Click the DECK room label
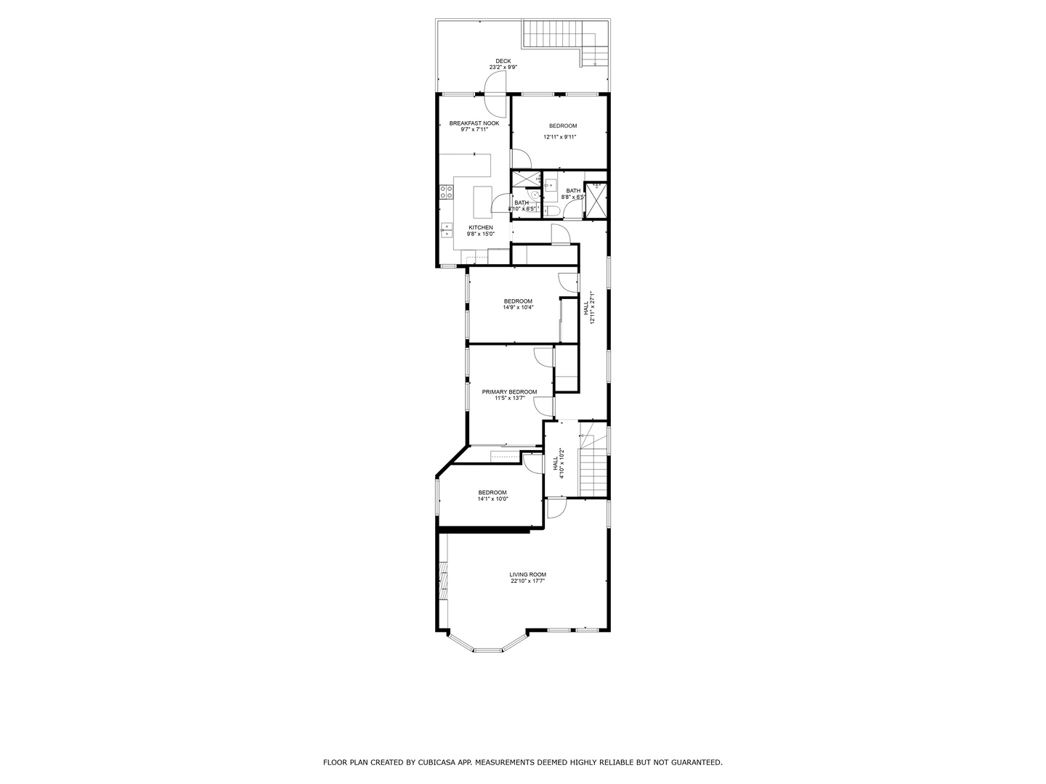[x=503, y=61]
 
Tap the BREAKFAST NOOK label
[x=474, y=123]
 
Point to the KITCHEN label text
[x=480, y=228]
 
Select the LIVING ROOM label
[x=527, y=575]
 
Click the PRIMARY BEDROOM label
[x=509, y=392]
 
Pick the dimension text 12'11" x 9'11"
[x=559, y=136]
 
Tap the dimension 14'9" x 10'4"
[x=518, y=307]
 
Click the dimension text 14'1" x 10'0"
[x=492, y=499]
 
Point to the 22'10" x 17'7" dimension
[x=527, y=581]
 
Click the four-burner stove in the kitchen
[x=446, y=192]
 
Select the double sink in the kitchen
[x=446, y=230]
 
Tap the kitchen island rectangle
[x=483, y=202]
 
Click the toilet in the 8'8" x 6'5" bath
[x=552, y=211]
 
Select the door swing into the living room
[x=558, y=507]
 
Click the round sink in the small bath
[x=534, y=195]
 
